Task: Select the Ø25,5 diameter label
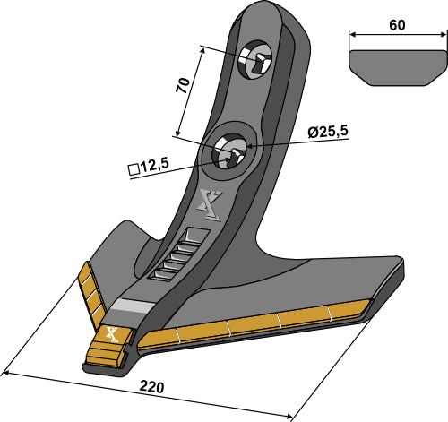point(327,132)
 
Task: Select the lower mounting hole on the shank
point(229,153)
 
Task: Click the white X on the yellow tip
point(112,335)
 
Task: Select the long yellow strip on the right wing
point(260,325)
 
